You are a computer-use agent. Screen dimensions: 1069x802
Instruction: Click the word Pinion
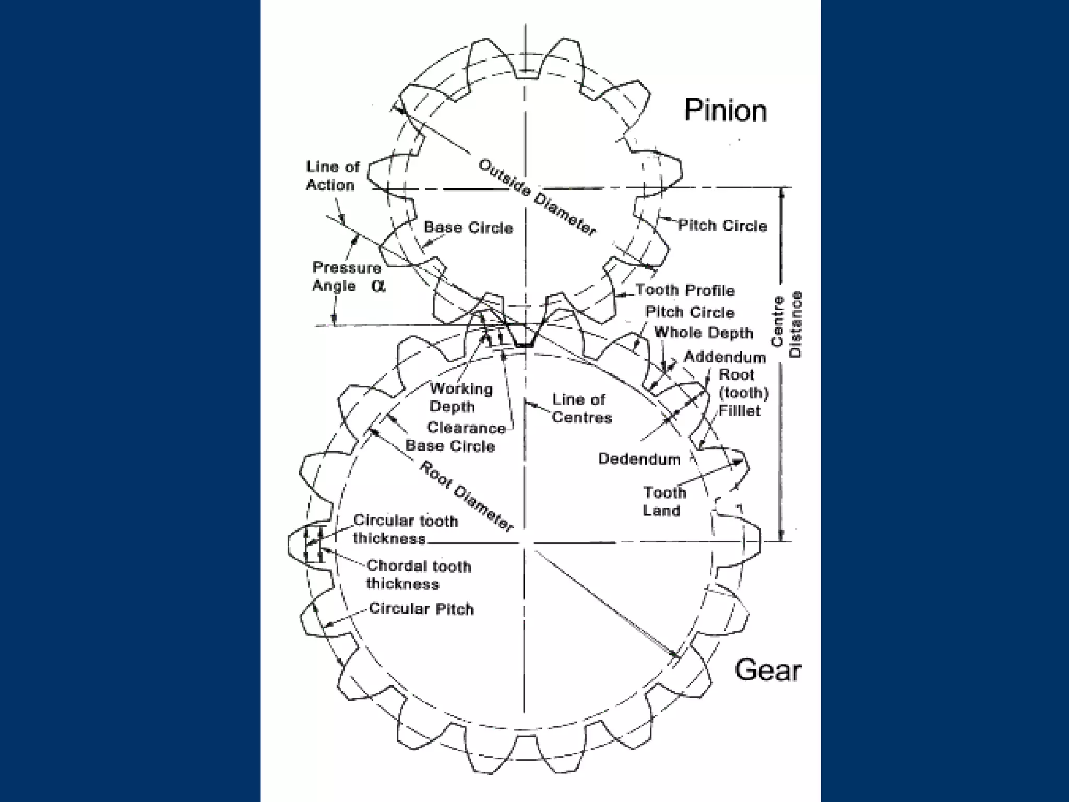point(725,111)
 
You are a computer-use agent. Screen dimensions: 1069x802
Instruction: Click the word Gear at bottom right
point(767,670)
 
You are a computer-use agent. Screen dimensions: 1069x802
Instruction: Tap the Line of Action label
point(332,176)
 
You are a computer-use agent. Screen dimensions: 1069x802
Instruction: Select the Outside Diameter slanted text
point(537,198)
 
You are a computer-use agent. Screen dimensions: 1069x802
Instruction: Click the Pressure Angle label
point(347,277)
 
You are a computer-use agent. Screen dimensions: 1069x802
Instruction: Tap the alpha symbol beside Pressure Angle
point(379,286)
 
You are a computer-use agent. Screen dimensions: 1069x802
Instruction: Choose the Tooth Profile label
point(685,290)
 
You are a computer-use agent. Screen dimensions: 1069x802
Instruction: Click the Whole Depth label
point(703,333)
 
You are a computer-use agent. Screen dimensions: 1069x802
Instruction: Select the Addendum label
point(724,358)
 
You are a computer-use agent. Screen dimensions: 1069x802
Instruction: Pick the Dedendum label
point(639,459)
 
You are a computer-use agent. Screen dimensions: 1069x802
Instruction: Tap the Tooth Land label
point(664,501)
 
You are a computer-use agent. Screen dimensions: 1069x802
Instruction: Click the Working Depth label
point(461,398)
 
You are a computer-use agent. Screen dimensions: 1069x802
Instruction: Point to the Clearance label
point(466,428)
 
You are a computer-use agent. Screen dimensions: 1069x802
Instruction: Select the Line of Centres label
point(581,409)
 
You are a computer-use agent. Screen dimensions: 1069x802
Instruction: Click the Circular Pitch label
point(421,609)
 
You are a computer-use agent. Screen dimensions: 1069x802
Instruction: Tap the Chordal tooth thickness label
point(418,575)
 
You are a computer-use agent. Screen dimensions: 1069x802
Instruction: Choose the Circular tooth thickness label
point(405,529)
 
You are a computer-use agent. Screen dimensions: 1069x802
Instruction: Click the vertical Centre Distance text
point(786,325)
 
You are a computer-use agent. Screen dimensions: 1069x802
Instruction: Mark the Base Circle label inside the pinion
point(468,228)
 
